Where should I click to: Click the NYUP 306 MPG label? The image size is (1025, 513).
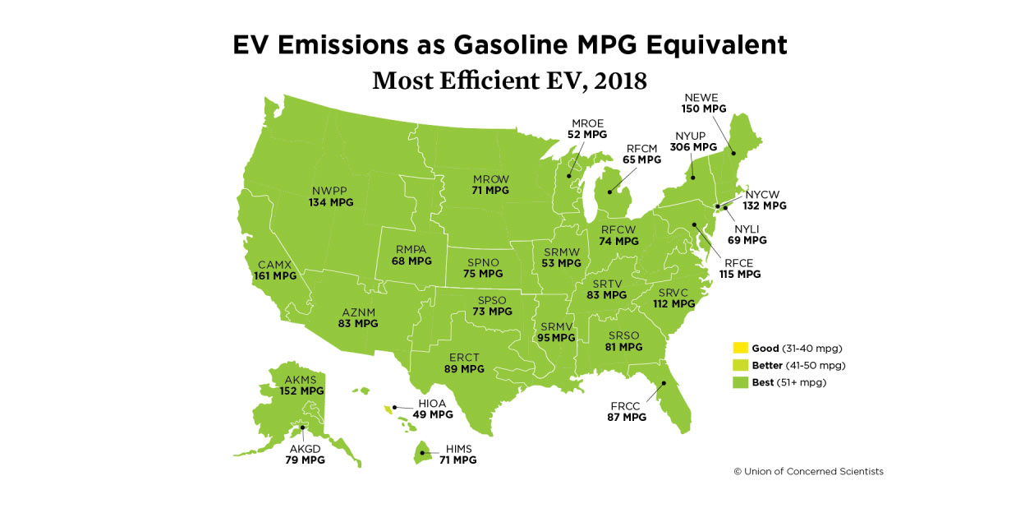(693, 141)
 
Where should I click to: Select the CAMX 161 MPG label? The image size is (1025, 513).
(275, 270)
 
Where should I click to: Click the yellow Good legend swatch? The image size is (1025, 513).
(740, 348)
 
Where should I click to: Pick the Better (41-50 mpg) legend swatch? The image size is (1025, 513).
(740, 365)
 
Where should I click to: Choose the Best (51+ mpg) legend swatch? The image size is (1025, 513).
(740, 382)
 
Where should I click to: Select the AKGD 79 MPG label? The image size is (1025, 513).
(306, 454)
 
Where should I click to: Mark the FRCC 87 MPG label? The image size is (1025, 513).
(627, 411)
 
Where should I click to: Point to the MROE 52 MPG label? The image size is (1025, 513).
(587, 127)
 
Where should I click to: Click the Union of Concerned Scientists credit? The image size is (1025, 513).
(808, 472)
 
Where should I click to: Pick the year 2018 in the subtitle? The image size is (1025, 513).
(618, 81)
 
